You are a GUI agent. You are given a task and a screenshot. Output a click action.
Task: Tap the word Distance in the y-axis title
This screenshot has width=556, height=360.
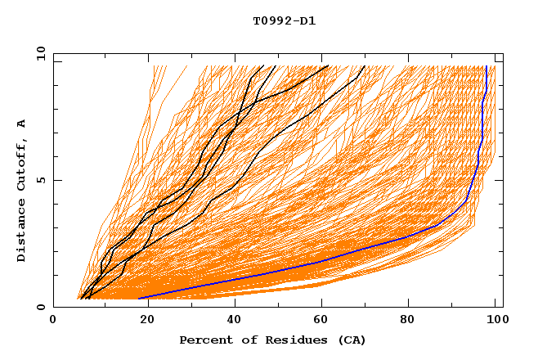(x=22, y=231)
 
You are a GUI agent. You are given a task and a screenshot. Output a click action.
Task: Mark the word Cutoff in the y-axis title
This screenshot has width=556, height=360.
(x=22, y=166)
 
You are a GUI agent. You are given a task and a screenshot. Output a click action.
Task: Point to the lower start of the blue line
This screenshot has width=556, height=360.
(x=140, y=299)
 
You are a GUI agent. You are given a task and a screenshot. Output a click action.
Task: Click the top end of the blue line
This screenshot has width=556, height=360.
(x=486, y=66)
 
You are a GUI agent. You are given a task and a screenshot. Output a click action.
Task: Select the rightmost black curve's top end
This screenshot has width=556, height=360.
(x=365, y=66)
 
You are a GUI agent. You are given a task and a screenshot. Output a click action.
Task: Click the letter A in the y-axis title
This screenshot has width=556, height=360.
(x=22, y=124)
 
